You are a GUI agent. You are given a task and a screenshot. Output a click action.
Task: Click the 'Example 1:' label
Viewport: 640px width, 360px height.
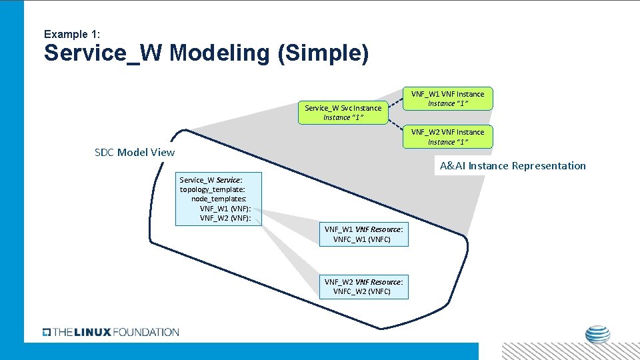point(71,34)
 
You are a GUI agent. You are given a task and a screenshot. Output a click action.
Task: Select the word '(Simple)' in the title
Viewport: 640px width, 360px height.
point(325,53)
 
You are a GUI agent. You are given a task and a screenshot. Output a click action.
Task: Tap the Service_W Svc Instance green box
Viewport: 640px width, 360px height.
point(343,112)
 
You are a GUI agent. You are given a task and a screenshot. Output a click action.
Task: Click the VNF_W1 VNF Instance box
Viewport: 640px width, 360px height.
point(447,99)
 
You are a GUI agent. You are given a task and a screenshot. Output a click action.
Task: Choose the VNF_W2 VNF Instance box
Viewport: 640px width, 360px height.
point(447,137)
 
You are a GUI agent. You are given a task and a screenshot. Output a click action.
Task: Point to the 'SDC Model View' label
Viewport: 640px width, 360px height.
point(135,152)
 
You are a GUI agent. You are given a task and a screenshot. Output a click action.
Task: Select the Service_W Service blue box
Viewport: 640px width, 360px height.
point(219,199)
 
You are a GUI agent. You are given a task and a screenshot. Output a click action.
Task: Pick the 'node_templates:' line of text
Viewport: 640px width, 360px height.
point(219,199)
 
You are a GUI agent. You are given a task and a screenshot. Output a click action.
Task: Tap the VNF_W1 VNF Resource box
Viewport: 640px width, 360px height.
point(363,234)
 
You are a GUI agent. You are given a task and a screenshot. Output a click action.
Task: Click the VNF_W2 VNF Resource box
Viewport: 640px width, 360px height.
point(363,287)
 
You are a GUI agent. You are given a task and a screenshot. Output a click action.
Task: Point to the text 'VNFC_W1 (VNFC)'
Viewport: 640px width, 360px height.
point(362,239)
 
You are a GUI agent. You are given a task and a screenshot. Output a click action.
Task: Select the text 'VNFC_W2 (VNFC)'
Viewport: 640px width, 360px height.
point(362,292)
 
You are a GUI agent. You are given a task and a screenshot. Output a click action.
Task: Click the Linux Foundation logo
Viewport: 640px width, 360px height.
point(111,332)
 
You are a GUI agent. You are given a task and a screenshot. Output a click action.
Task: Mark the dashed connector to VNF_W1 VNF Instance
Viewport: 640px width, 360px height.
point(395,103)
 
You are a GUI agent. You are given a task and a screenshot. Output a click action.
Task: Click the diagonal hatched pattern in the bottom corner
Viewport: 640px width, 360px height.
point(570,351)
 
